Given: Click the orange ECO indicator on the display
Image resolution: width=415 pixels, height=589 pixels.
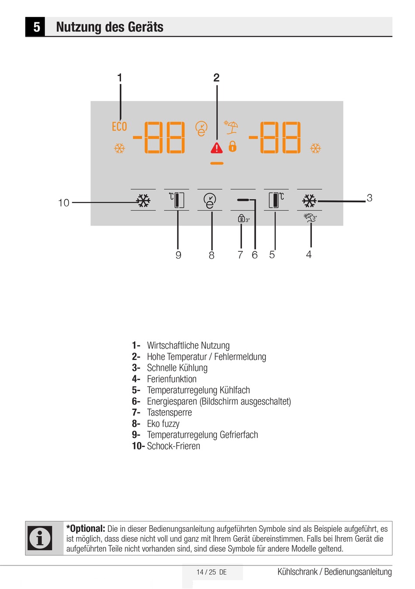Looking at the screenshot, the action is [x=119, y=127].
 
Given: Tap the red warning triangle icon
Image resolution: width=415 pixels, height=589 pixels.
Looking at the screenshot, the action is [x=217, y=148].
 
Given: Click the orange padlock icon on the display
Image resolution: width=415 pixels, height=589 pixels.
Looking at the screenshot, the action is [x=233, y=146].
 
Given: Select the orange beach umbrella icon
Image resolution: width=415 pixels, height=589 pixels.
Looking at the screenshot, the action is [x=232, y=127].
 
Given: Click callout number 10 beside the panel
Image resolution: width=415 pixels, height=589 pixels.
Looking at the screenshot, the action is [x=64, y=203].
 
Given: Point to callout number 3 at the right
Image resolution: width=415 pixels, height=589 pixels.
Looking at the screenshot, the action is [x=370, y=198].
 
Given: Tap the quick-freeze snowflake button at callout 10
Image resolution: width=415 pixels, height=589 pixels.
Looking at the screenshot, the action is [x=143, y=201].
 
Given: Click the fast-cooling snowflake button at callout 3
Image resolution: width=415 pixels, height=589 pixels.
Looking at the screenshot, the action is [x=309, y=201].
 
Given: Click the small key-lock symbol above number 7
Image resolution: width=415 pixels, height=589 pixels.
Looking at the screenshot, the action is [x=242, y=218].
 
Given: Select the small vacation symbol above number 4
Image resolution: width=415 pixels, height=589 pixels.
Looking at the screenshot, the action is [x=310, y=218].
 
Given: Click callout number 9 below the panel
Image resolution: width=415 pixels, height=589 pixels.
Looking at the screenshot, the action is [x=178, y=255].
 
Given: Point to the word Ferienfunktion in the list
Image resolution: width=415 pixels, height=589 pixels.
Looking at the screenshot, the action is [x=172, y=379].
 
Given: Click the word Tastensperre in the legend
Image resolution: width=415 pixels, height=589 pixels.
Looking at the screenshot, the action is [x=169, y=412].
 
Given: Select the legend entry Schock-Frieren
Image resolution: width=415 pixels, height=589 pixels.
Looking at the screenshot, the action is [x=173, y=446].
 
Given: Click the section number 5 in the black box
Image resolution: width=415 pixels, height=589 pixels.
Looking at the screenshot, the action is [x=37, y=27].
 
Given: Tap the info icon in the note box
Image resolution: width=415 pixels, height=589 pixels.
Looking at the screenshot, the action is [x=40, y=538].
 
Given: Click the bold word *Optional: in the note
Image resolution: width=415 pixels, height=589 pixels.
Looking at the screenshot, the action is [x=86, y=529].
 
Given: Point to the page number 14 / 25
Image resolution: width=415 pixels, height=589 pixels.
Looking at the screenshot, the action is [x=206, y=572].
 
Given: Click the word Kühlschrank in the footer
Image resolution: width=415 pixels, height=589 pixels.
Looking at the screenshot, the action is [x=297, y=572].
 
